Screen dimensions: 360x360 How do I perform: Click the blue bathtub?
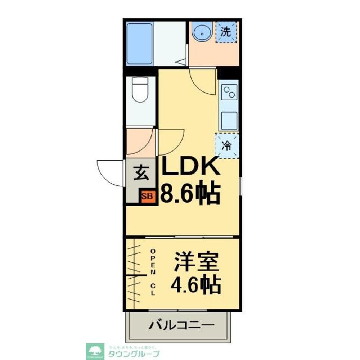coord(139,43)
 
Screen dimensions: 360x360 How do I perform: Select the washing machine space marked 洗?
coord(226,32)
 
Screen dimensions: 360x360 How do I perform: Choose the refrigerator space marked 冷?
coord(227,145)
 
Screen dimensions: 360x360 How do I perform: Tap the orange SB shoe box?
coord(148,197)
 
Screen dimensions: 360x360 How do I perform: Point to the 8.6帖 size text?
coord(190,193)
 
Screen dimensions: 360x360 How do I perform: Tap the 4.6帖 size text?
coord(195,285)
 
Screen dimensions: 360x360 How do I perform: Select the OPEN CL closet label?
coord(153,272)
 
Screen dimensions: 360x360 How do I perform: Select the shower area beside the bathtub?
coord(169,43)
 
